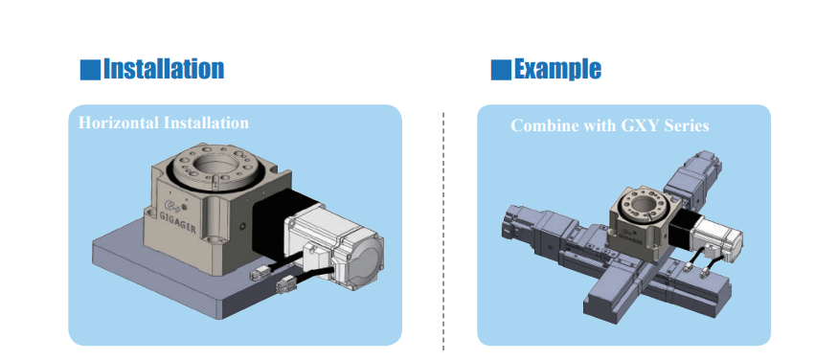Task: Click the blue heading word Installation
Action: coord(164,69)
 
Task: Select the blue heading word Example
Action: coord(557,69)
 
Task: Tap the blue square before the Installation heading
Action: coord(90,70)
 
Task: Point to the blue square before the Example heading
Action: coord(501,70)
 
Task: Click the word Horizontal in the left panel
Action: coord(119,124)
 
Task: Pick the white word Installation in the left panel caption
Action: coord(206,124)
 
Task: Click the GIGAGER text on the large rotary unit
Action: coord(177,222)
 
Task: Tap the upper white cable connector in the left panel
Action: coord(260,273)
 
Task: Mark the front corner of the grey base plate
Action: coord(223,318)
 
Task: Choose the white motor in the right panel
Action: coord(717,236)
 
